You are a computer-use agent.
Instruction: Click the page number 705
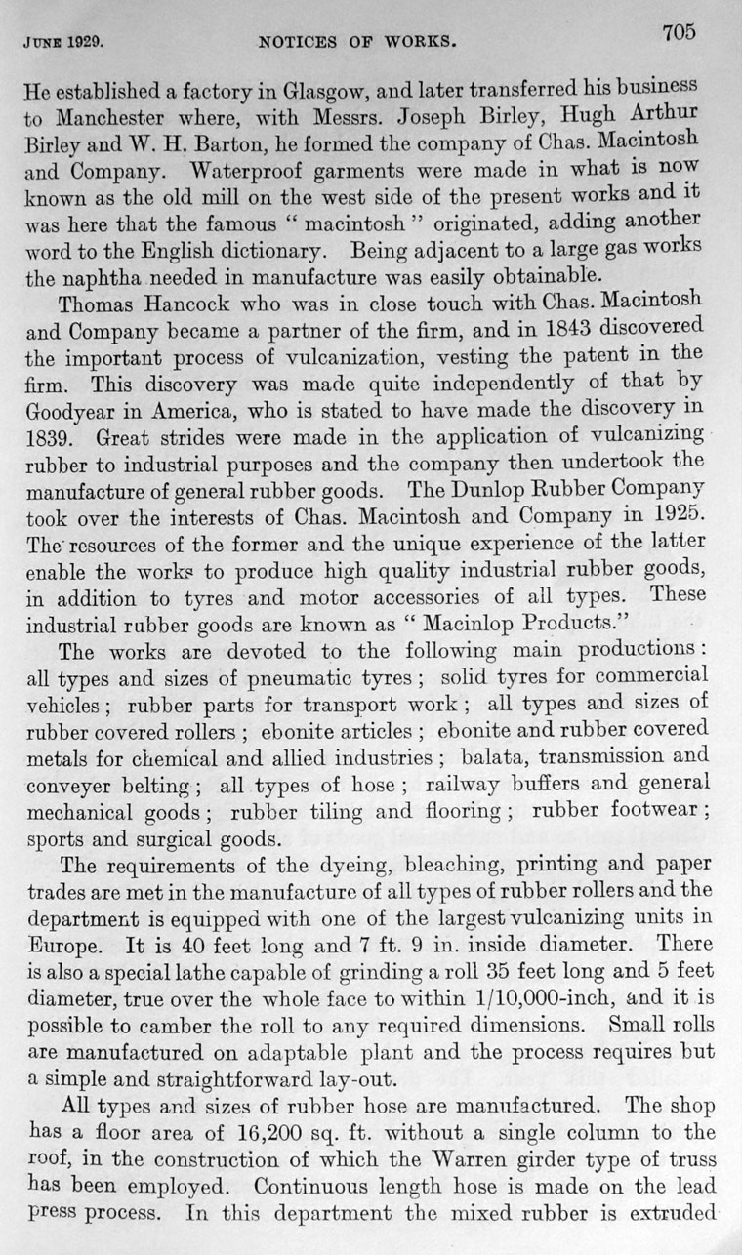679,32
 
